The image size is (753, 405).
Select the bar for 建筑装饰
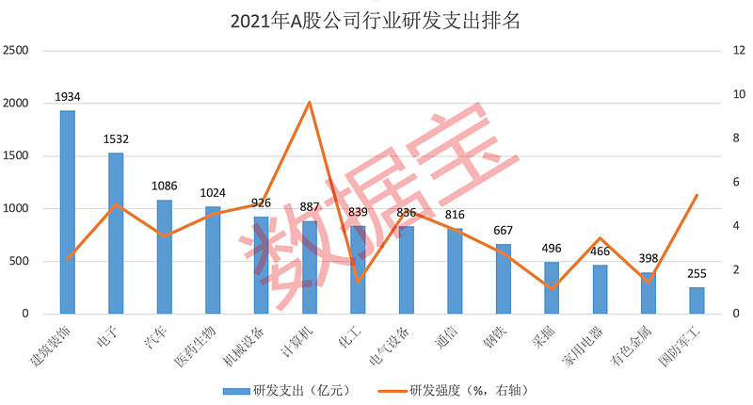point(68,212)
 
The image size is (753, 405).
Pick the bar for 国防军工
point(697,300)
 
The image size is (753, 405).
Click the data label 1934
point(68,97)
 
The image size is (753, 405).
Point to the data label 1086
point(165,186)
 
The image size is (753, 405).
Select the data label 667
point(504,231)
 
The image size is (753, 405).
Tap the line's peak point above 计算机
point(310,102)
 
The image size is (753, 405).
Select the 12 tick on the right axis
point(726,50)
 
